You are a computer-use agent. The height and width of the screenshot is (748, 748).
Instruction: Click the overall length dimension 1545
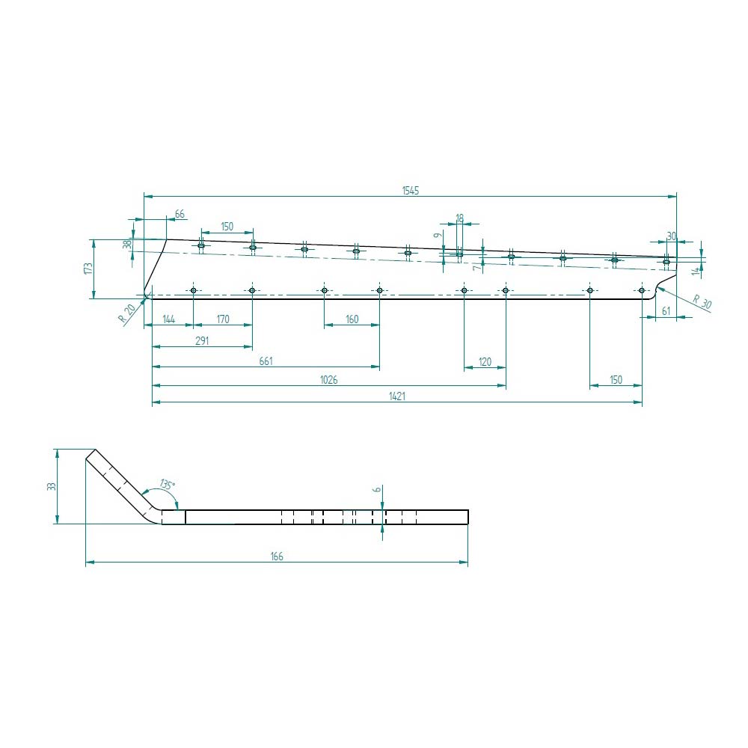(410, 191)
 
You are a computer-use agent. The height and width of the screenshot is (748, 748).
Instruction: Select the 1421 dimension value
(397, 396)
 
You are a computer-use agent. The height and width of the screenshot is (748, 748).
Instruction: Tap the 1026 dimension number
(328, 380)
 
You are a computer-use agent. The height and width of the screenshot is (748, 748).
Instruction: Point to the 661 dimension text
(266, 361)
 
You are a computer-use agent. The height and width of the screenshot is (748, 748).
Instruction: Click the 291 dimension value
(202, 340)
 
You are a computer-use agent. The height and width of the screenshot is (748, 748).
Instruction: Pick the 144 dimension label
(169, 319)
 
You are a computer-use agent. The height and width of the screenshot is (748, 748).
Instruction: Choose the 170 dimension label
(223, 319)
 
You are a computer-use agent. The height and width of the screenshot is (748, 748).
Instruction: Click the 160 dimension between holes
(352, 319)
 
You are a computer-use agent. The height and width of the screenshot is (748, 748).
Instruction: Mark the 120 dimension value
(485, 361)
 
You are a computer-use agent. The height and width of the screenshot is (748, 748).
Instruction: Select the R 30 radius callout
(702, 302)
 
